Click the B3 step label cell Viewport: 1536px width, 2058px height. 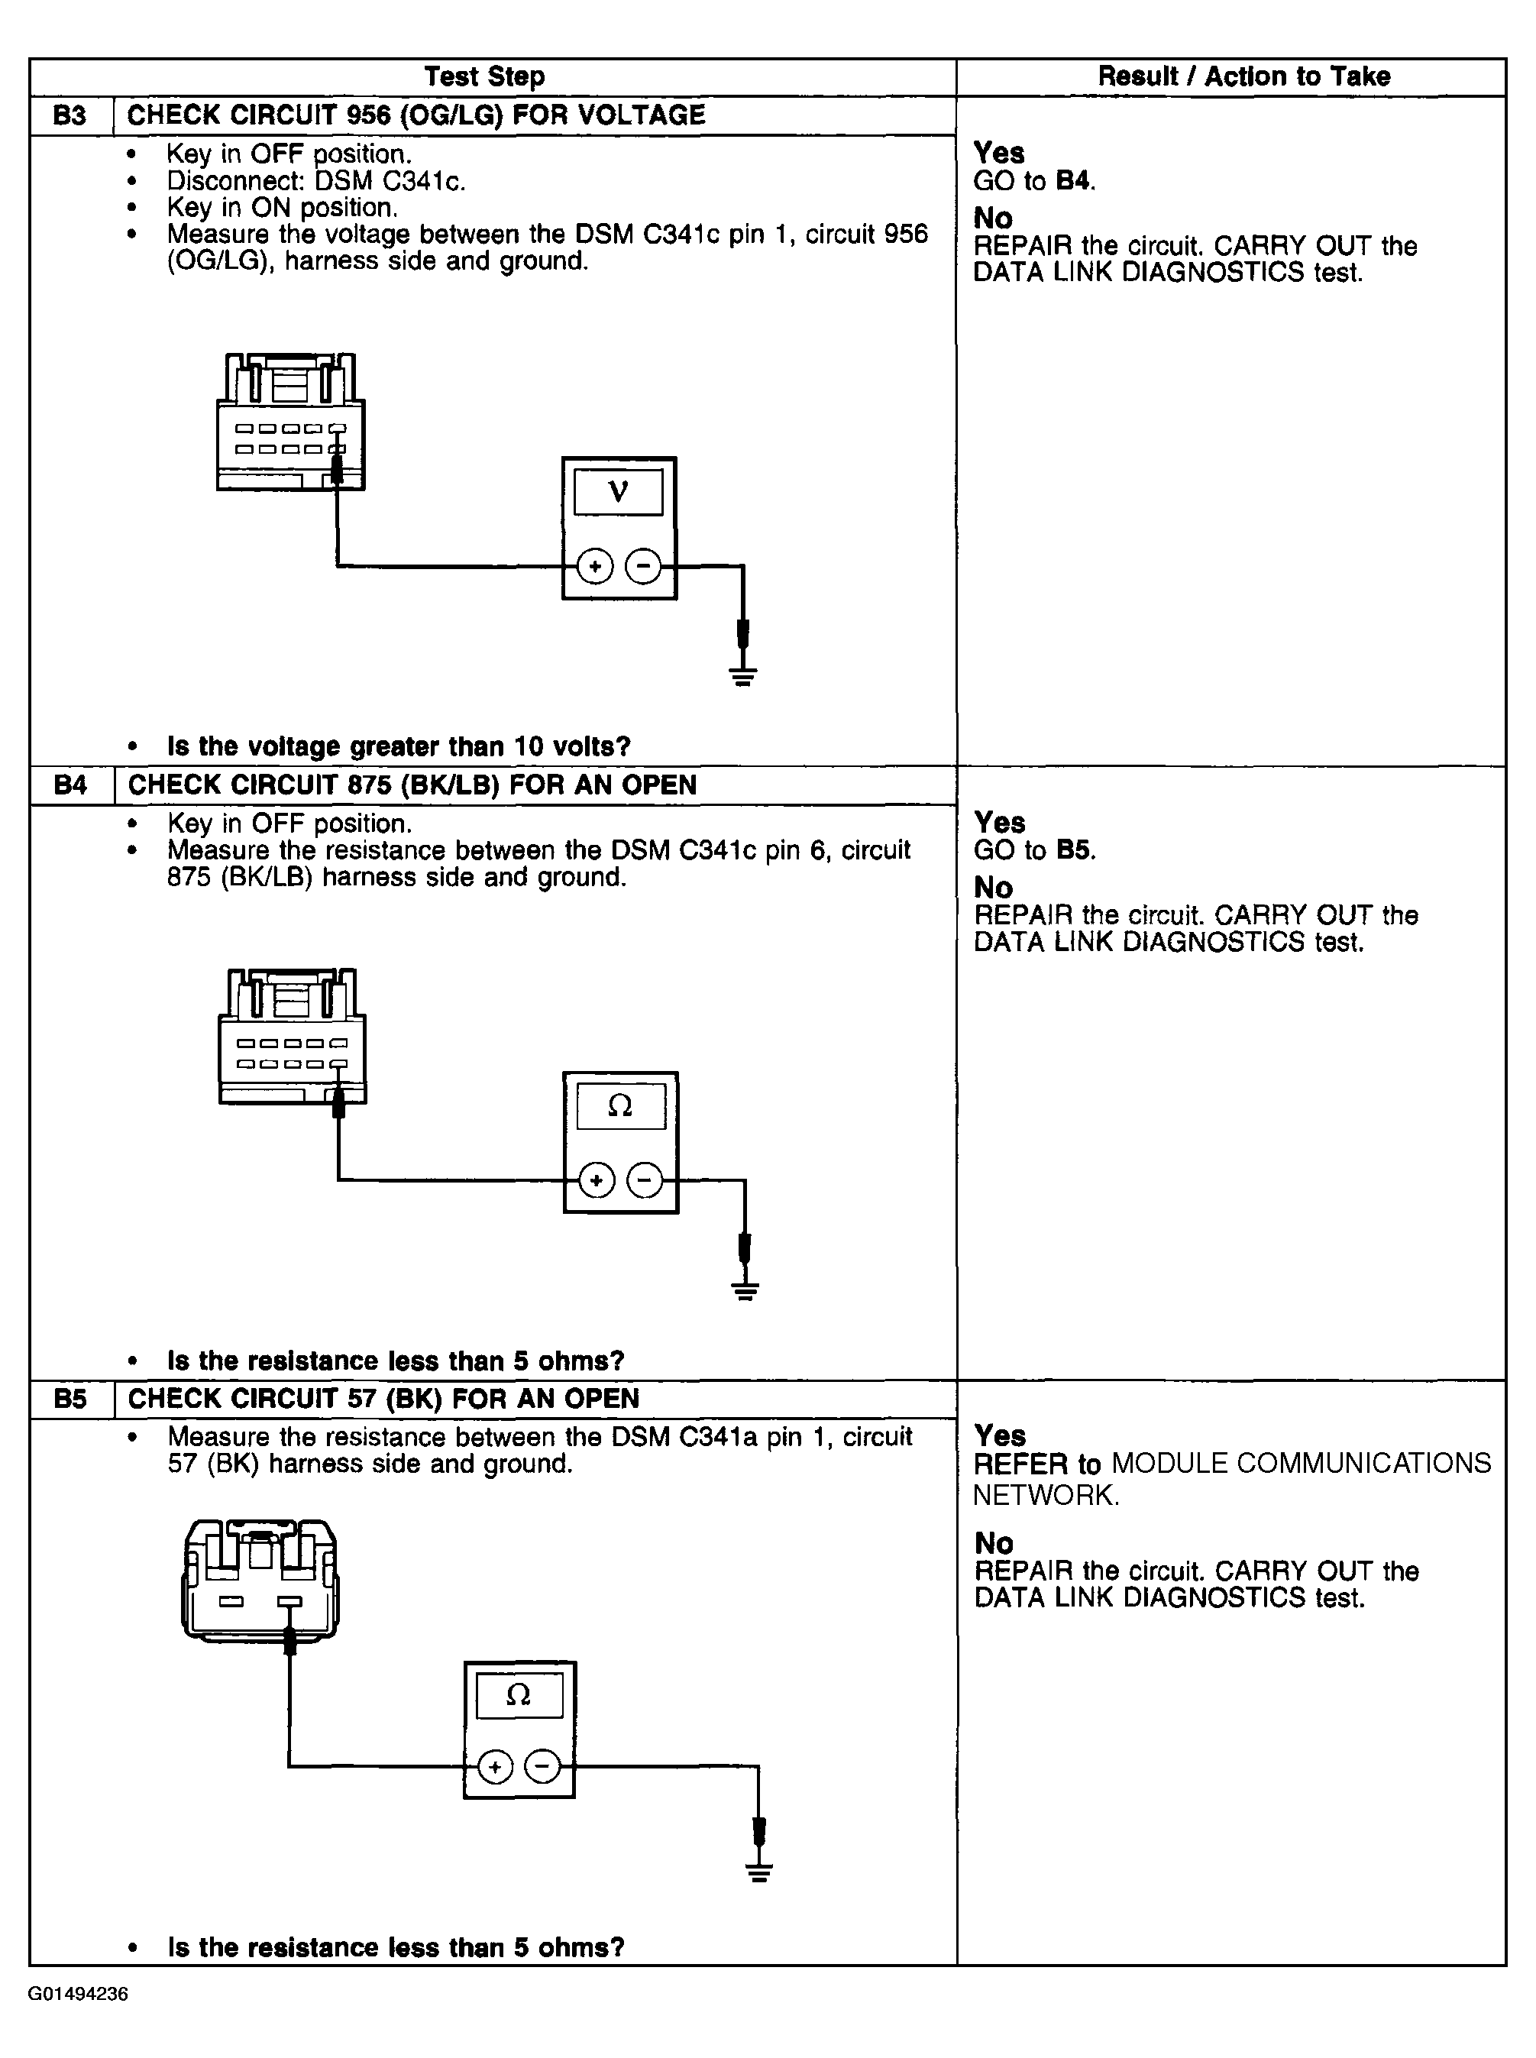[x=71, y=115]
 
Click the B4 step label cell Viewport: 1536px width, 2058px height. [x=71, y=785]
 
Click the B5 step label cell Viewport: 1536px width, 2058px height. [x=71, y=1399]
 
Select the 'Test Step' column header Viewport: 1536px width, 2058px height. [x=484, y=76]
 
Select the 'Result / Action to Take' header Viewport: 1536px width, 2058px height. [x=1243, y=76]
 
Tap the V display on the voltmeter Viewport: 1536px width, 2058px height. [x=619, y=492]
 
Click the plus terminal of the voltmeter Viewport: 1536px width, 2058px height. [x=595, y=565]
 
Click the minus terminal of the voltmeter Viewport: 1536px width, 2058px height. [x=643, y=565]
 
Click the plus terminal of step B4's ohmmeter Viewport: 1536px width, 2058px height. [x=597, y=1180]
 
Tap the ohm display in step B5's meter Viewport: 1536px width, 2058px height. [x=519, y=1695]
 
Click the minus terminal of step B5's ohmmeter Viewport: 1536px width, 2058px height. [x=544, y=1766]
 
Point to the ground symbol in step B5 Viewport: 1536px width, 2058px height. [x=760, y=1872]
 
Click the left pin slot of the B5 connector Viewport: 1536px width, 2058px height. [x=231, y=1601]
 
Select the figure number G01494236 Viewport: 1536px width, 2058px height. [x=78, y=1994]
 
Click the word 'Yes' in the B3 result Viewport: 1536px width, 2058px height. [x=998, y=153]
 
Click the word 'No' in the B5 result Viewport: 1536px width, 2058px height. [x=993, y=1543]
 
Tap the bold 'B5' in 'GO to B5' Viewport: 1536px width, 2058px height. [x=1075, y=850]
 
